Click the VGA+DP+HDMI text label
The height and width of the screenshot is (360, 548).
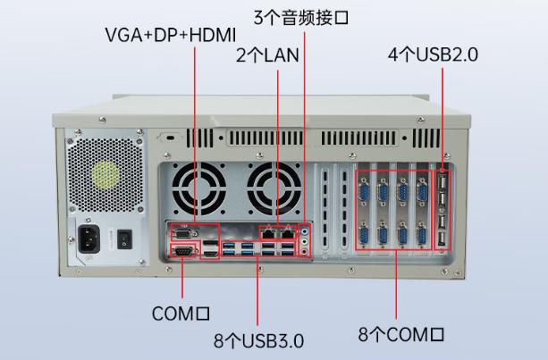pyautogui.click(x=169, y=36)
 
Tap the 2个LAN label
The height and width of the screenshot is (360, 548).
pyautogui.click(x=266, y=54)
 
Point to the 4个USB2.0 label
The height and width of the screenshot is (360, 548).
pyautogui.click(x=433, y=54)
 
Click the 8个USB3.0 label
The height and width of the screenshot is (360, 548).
pyautogui.click(x=258, y=340)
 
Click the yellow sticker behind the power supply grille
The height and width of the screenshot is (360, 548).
pyautogui.click(x=105, y=173)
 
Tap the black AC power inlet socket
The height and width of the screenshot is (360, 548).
pyautogui.click(x=90, y=239)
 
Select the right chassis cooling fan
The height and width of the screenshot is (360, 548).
pyautogui.click(x=272, y=188)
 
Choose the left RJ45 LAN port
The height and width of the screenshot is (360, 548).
pyautogui.click(x=268, y=233)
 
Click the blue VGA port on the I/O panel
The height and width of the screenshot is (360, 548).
pyautogui.click(x=182, y=234)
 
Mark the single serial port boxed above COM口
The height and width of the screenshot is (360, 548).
pyautogui.click(x=182, y=254)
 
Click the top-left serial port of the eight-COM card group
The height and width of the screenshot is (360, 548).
pyautogui.click(x=365, y=189)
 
